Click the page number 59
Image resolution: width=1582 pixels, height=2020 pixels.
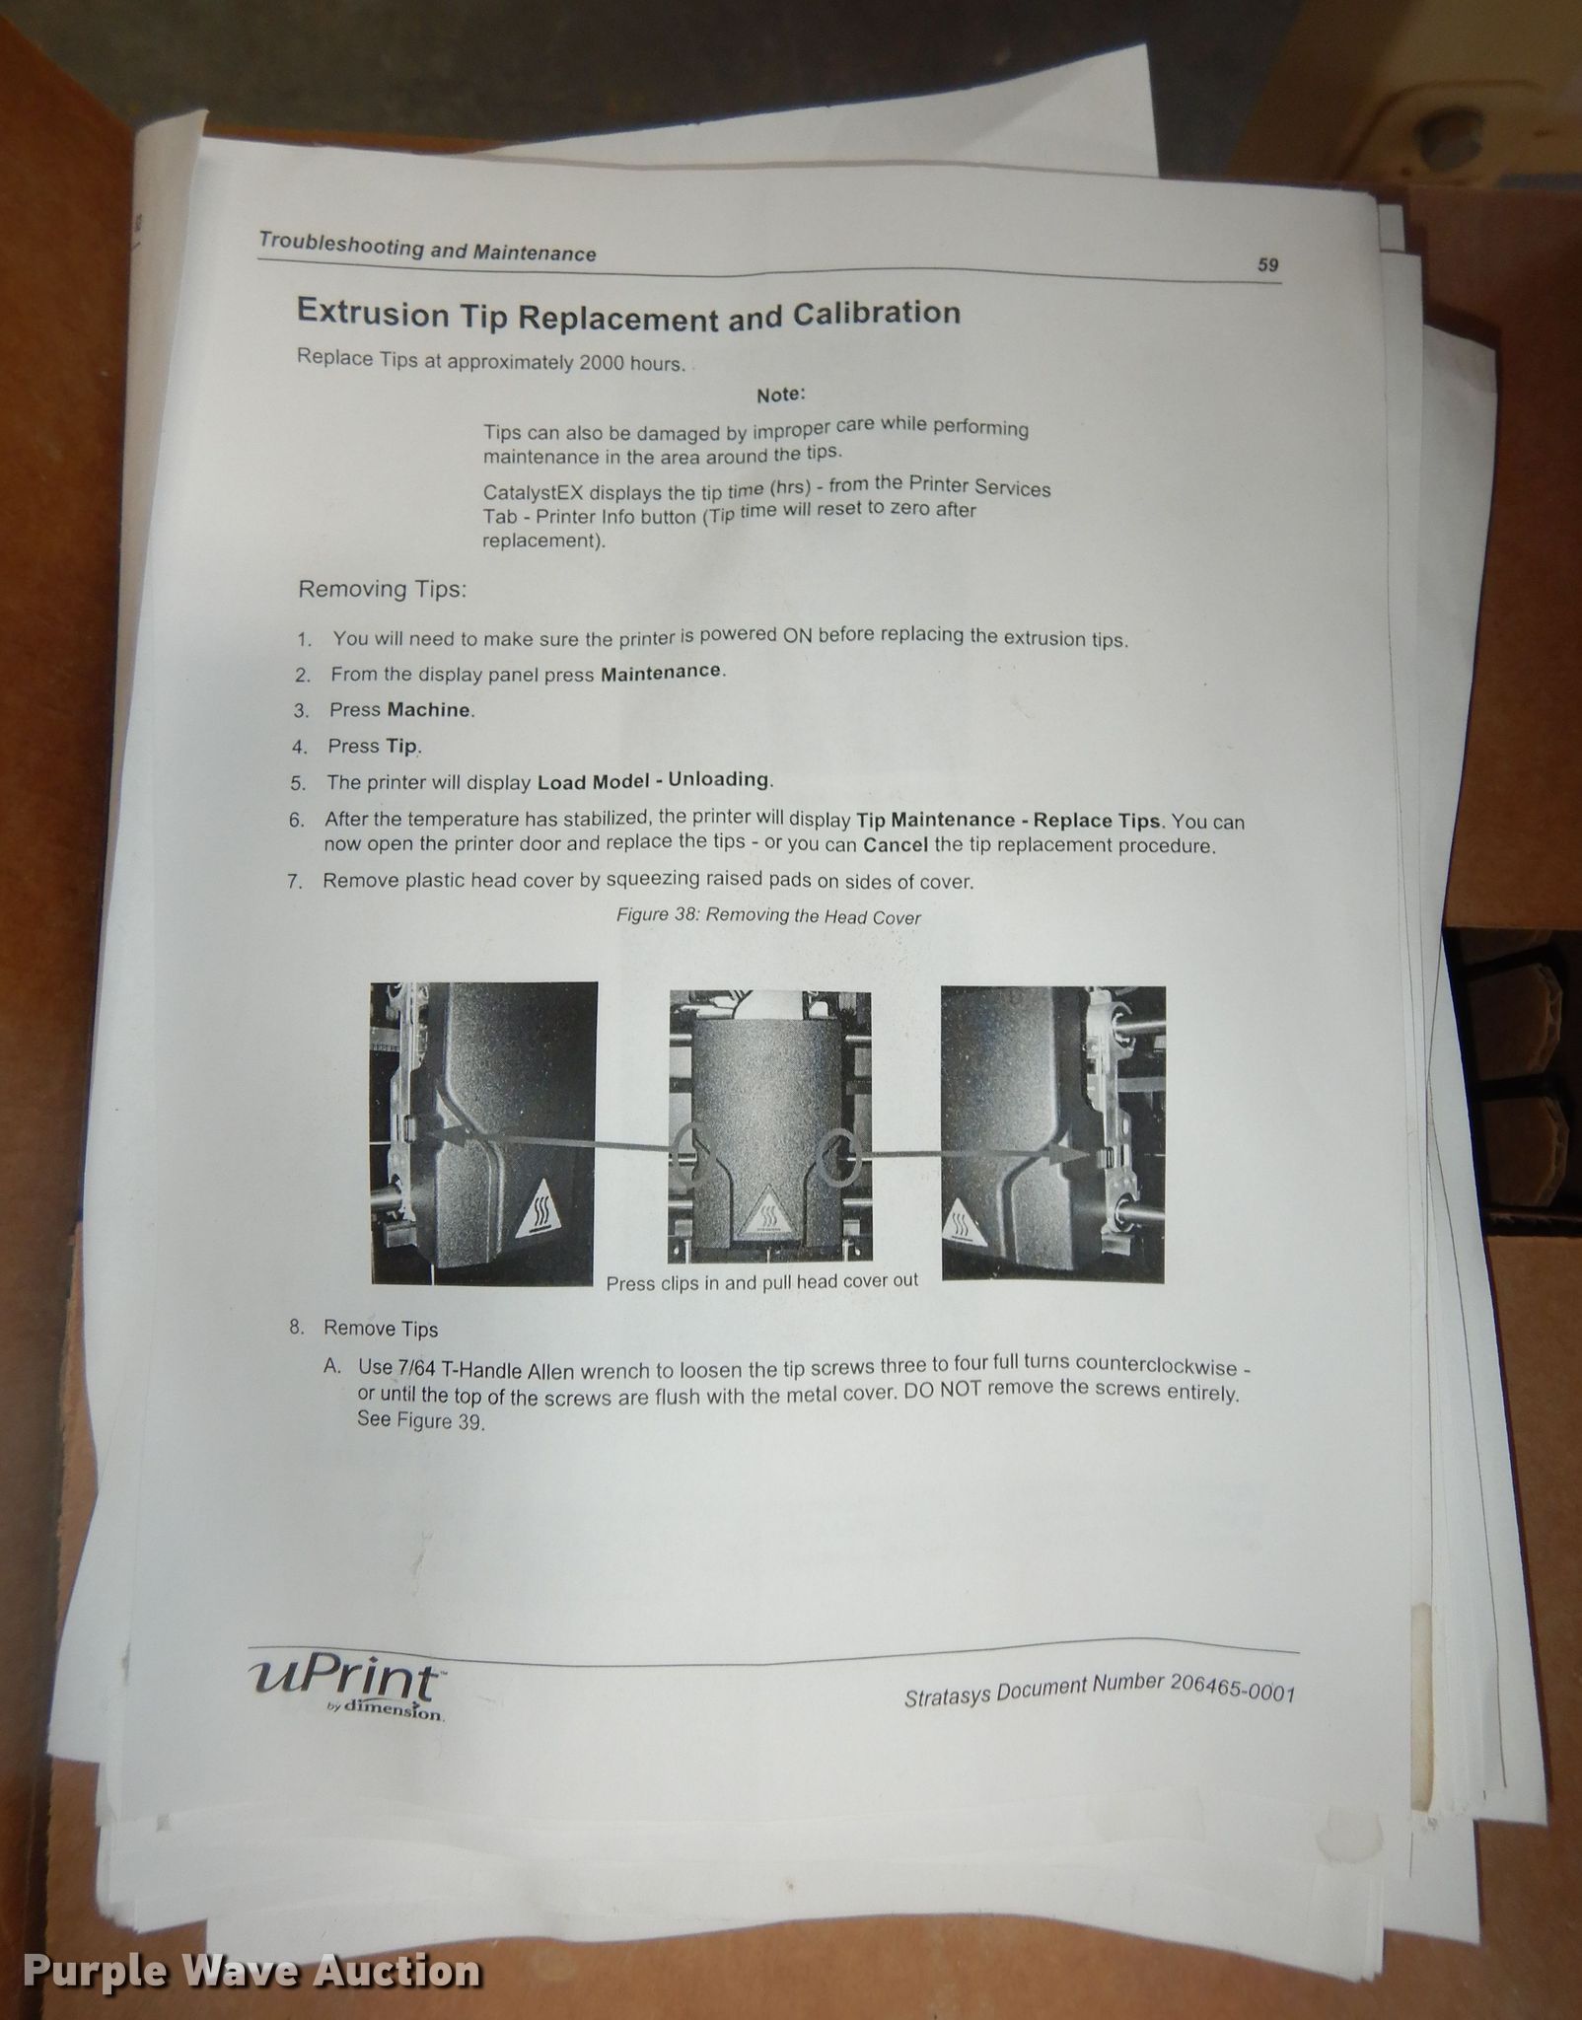point(1266,264)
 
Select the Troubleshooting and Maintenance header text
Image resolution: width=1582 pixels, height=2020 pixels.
point(427,246)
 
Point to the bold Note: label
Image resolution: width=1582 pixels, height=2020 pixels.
point(780,395)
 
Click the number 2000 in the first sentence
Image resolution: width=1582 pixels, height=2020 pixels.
point(603,362)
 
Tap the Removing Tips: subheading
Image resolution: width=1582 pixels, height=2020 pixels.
point(382,589)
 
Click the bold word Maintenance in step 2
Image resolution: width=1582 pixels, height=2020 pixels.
point(662,672)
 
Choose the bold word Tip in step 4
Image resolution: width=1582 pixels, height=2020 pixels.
point(402,746)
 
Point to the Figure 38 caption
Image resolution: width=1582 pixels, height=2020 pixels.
point(768,916)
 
